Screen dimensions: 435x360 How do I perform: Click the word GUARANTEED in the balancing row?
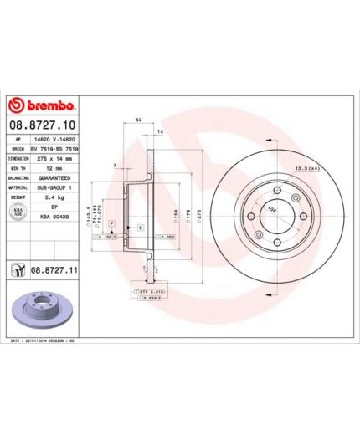64,178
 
